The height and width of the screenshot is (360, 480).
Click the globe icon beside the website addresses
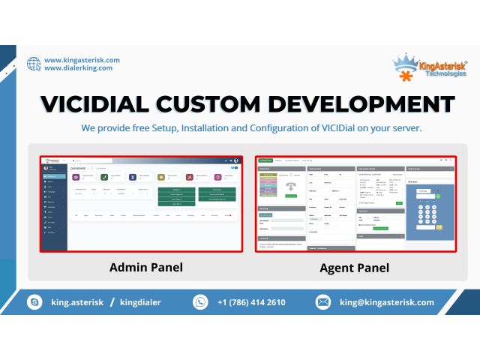34,64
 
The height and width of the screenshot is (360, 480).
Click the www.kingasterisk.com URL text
82,60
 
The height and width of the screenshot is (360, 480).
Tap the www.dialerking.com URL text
78,68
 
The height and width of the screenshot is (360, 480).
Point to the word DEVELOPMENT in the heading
355,103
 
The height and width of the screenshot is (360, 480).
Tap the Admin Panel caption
140,267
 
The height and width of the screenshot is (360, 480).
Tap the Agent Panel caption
353,267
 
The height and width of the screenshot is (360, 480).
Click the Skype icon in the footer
34,302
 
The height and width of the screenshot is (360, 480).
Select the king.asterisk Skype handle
78,302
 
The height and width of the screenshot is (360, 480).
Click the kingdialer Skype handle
140,302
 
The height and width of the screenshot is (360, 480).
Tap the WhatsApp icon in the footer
200,302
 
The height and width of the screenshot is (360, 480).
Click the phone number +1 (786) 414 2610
251,302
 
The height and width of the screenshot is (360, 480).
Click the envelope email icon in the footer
323,302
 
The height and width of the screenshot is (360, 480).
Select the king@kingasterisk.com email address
386,302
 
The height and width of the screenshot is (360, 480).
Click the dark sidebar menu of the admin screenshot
53,206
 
